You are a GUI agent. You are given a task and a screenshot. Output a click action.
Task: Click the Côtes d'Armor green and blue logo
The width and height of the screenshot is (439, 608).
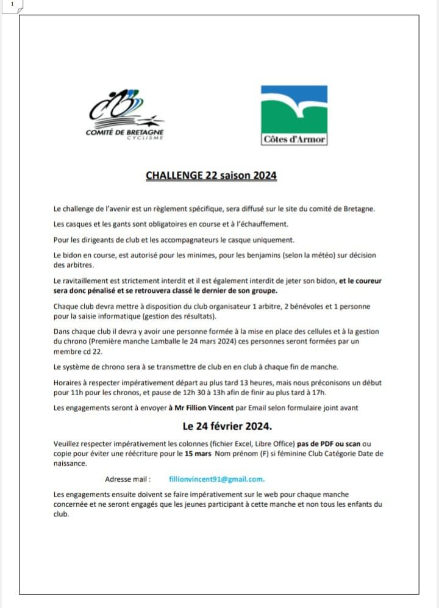294,115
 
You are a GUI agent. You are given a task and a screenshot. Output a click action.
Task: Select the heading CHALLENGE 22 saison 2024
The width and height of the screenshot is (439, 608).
211,176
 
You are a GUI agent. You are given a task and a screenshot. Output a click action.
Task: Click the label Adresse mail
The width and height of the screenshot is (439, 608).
127,479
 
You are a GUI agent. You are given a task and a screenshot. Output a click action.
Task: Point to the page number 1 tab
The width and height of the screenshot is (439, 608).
12,4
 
